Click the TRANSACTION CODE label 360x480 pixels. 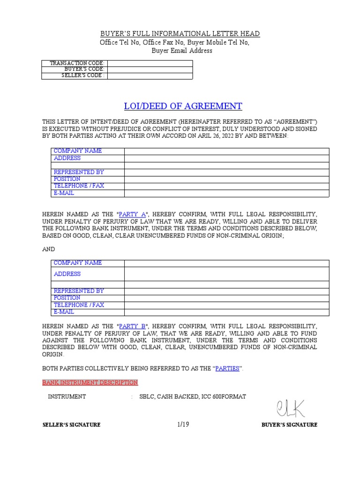coord(77,63)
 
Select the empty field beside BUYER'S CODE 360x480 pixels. coord(150,69)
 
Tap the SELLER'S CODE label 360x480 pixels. coord(83,75)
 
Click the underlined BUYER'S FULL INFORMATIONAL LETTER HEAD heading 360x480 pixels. coord(180,34)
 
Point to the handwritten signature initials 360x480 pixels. coord(290,408)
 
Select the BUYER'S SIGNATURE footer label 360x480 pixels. coord(289,425)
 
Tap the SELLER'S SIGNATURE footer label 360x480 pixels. coord(71,425)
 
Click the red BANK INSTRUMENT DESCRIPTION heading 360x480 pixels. coord(90,382)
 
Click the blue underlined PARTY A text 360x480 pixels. coord(133,214)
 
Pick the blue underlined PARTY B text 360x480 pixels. coord(133,326)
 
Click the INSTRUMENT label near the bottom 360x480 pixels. coord(67,397)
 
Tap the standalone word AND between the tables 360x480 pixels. coord(49,249)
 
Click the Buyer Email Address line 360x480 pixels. coord(181,51)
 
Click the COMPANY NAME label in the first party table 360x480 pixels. coord(77,151)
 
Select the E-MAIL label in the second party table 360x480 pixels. coord(64,312)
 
